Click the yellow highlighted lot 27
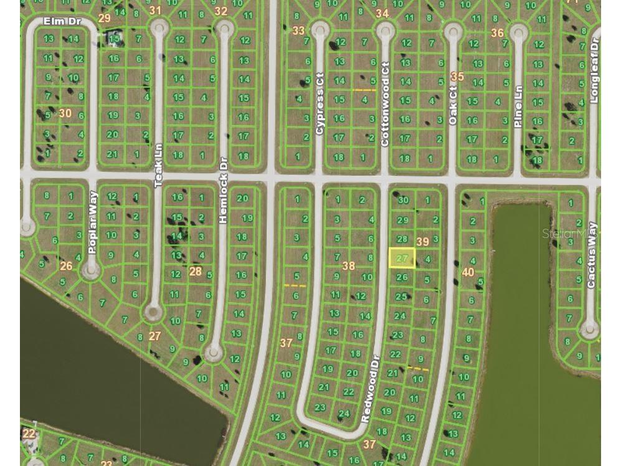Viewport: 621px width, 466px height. (402, 257)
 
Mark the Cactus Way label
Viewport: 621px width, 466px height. (591, 255)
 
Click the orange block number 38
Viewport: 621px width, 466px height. (348, 266)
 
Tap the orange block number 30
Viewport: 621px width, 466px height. (65, 113)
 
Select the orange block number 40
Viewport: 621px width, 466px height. (468, 272)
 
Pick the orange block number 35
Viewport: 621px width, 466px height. (457, 77)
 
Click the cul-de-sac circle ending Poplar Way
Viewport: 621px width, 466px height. (91, 270)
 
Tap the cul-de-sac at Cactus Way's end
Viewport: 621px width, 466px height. (590, 329)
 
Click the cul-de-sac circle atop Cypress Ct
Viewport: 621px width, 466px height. (320, 29)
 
